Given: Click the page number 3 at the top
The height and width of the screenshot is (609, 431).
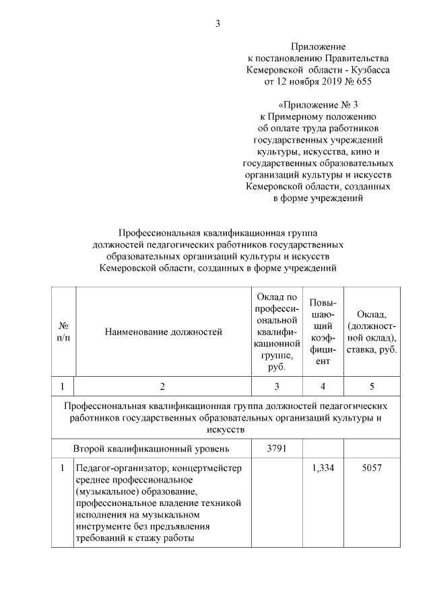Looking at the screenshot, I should point(218,25).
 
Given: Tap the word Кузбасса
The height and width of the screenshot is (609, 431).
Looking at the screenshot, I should point(368,70).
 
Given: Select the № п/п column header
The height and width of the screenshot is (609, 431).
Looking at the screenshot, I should point(63,330).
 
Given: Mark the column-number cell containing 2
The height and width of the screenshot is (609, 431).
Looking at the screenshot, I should point(162,387).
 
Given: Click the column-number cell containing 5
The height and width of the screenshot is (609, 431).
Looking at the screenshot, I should point(372,387).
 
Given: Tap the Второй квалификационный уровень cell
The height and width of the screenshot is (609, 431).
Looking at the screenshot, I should point(152,447).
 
